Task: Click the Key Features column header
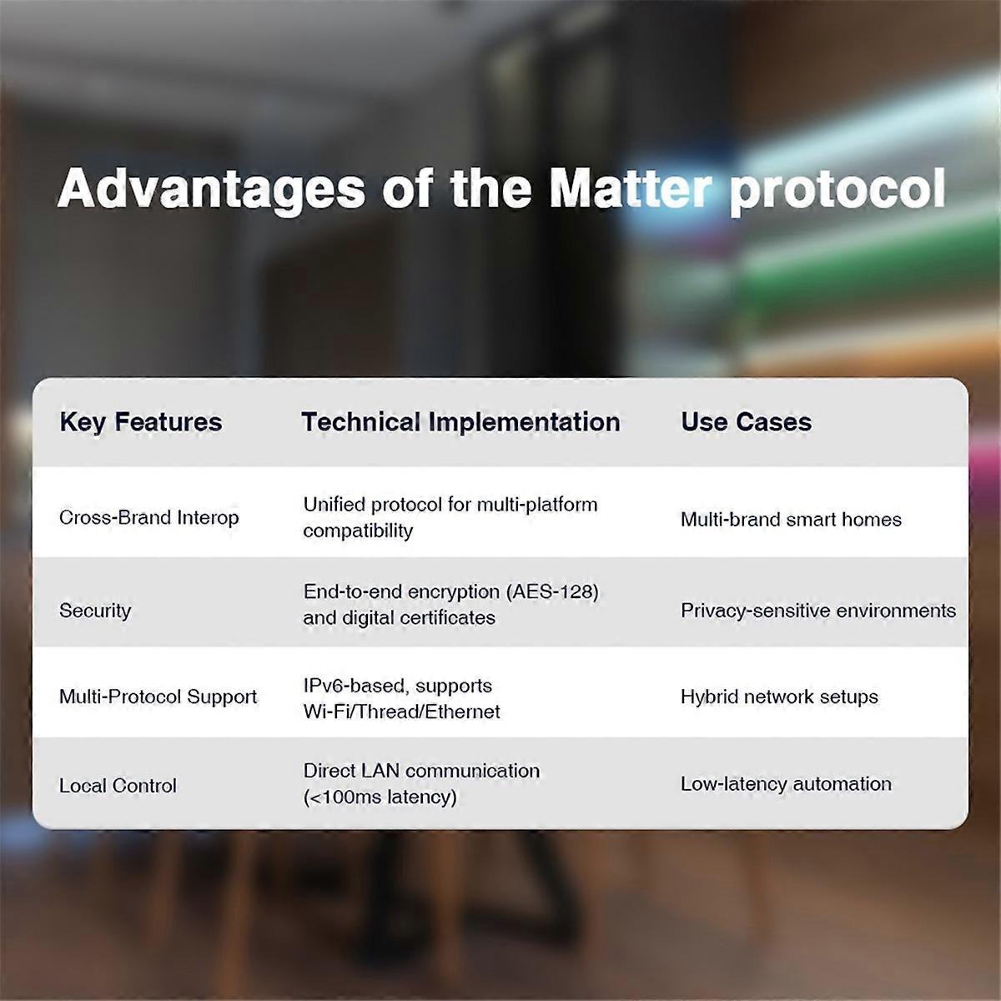coord(141,422)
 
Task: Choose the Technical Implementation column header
coord(460,422)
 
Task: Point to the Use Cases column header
coord(746,422)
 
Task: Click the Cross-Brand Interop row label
coord(148,518)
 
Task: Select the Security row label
coord(95,611)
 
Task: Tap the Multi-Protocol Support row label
coord(158,697)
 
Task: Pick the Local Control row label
coord(118,786)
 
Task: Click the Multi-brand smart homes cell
coord(791,520)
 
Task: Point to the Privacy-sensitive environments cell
coord(817,611)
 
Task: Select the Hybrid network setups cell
coord(779,697)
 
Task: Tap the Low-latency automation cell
coord(786,784)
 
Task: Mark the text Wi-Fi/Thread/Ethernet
coord(401,712)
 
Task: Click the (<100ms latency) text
coord(380,797)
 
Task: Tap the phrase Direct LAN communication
coord(421,771)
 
